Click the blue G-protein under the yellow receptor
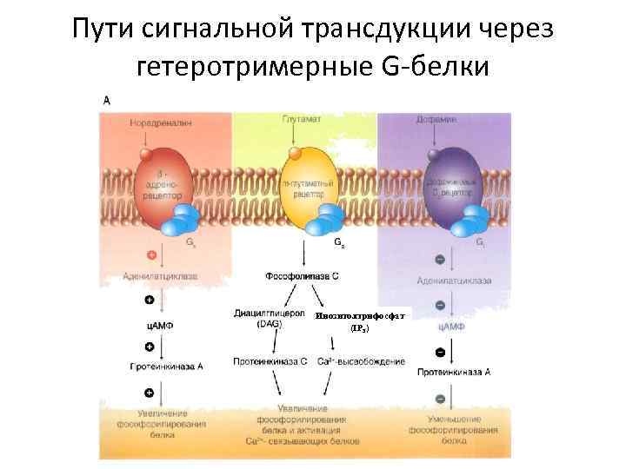(331, 220)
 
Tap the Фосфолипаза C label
(302, 276)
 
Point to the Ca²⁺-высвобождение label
(361, 361)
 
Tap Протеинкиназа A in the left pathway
(162, 367)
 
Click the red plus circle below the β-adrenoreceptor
(152, 255)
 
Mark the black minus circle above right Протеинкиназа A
(441, 352)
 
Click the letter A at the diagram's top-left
(107, 101)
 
